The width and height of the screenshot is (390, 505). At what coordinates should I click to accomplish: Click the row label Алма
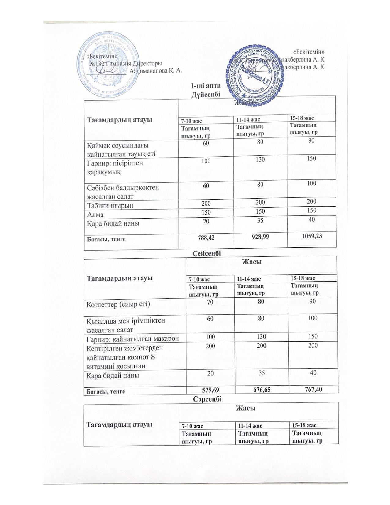95,215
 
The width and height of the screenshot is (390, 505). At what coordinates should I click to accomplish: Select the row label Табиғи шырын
110,205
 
